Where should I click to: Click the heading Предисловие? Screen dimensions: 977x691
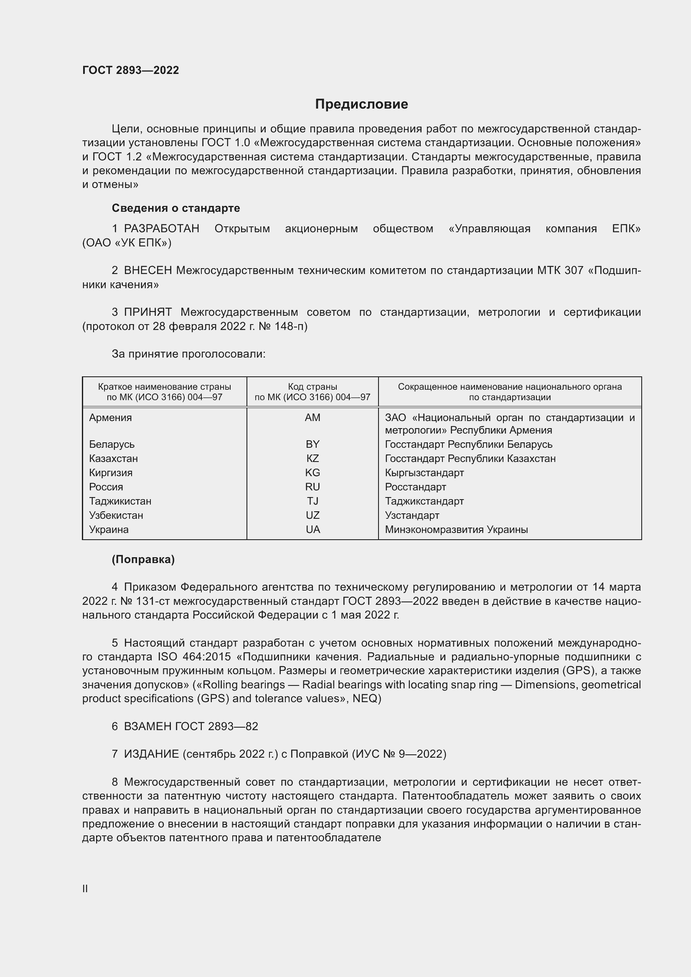[x=361, y=104]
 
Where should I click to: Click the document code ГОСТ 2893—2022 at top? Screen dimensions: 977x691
[x=131, y=70]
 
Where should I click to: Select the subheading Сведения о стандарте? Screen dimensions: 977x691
[x=176, y=208]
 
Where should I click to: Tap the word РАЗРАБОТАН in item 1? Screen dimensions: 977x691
[x=162, y=229]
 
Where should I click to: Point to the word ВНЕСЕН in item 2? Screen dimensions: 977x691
[x=148, y=271]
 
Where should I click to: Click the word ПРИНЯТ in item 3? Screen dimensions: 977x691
[x=147, y=312]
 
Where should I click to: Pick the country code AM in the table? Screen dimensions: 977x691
[x=312, y=418]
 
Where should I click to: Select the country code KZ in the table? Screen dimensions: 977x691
[x=312, y=459]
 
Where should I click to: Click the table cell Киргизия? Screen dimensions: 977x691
[x=111, y=473]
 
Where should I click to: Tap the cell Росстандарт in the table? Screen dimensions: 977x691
[x=415, y=487]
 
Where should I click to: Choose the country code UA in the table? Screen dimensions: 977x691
[x=312, y=530]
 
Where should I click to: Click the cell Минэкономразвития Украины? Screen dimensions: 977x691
[x=456, y=530]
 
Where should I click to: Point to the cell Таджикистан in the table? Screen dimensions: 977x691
[x=120, y=501]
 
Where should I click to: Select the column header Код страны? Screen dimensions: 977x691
[x=312, y=387]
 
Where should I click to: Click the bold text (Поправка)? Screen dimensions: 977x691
[x=143, y=560]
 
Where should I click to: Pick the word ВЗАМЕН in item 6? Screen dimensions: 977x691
[x=147, y=726]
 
